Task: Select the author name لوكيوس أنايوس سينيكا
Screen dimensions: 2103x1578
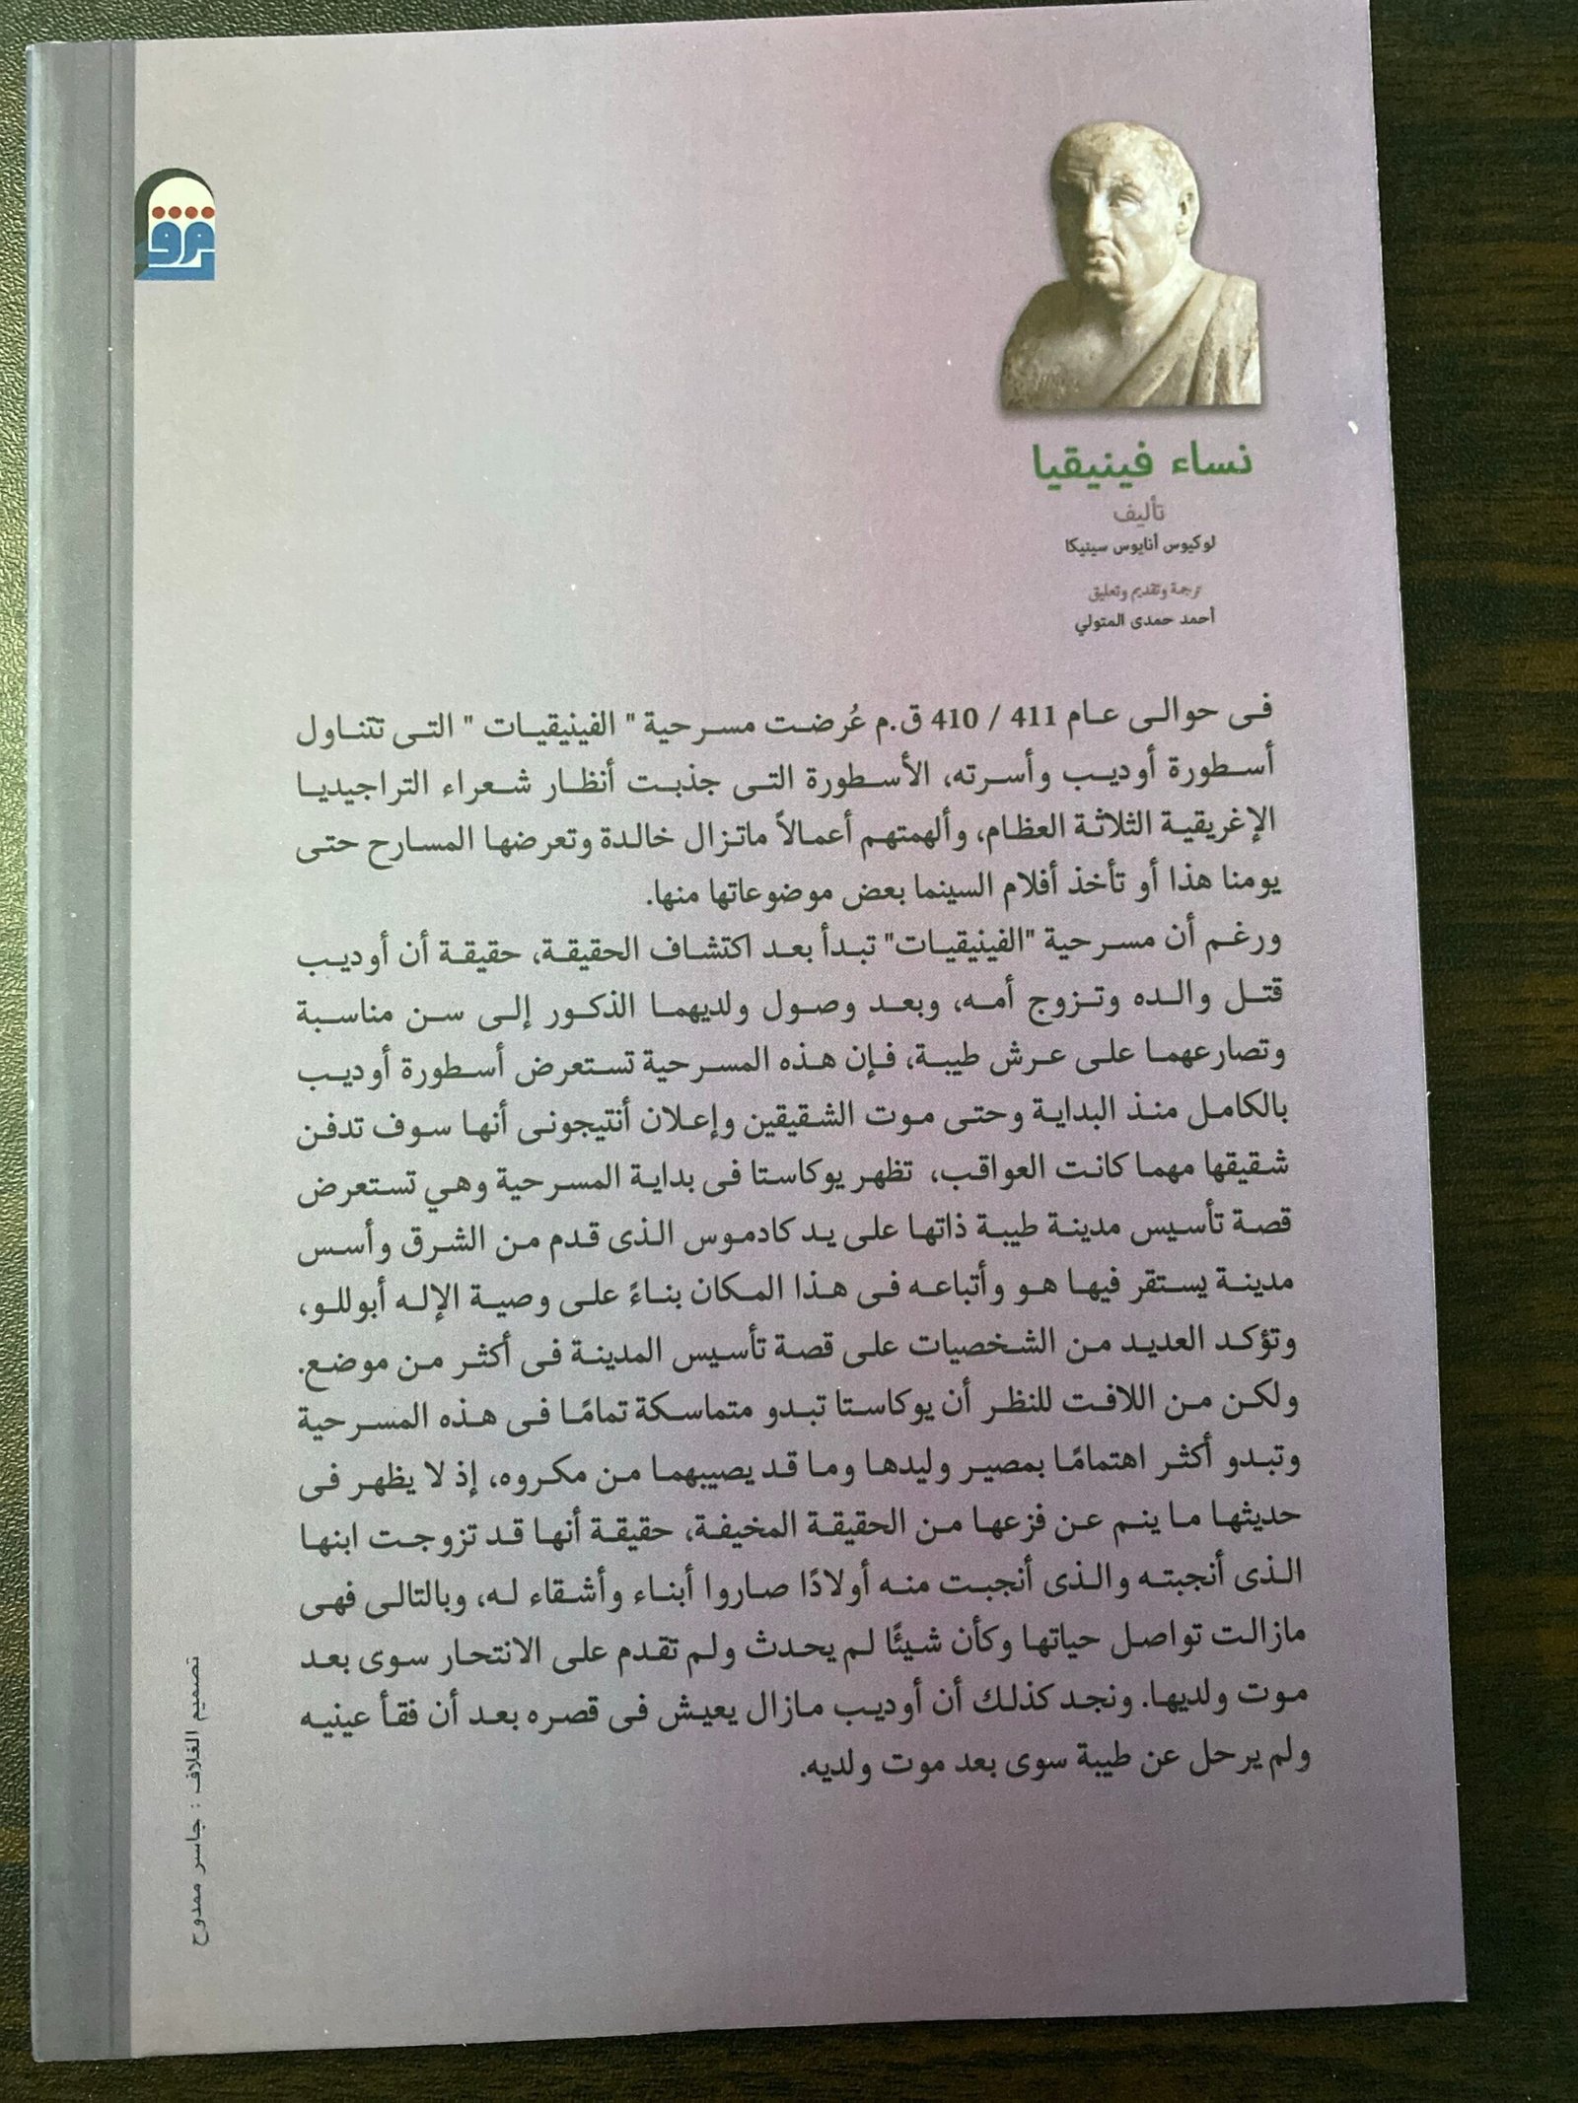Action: tap(1150, 545)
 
